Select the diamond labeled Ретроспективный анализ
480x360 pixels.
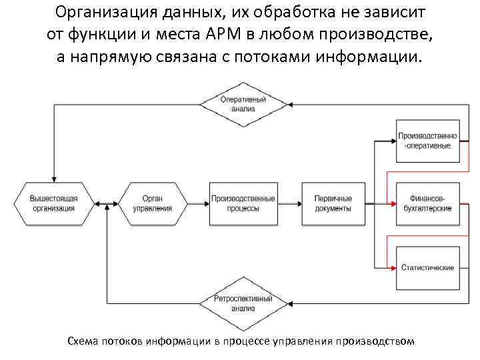point(243,303)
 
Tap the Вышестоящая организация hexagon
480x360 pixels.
point(54,203)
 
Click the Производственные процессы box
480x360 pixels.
point(243,203)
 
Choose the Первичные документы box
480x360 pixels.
point(333,203)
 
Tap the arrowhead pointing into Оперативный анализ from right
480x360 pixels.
point(292,104)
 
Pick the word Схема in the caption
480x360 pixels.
point(84,341)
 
